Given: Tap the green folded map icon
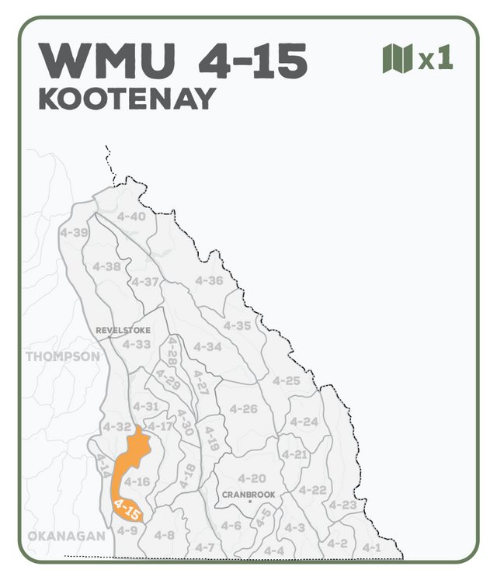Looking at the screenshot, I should pyautogui.click(x=397, y=59).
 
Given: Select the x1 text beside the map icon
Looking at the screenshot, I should pyautogui.click(x=436, y=60).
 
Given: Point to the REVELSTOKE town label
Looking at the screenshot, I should pyautogui.click(x=123, y=330).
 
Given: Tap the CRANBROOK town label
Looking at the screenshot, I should pyautogui.click(x=248, y=494).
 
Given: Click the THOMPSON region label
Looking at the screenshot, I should pyautogui.click(x=63, y=356).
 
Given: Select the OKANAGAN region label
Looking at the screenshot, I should pyautogui.click(x=66, y=536).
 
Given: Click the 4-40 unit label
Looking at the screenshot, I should pyautogui.click(x=131, y=216).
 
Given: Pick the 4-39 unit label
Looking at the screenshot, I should pyautogui.click(x=74, y=232).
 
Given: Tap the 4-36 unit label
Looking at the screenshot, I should pyautogui.click(x=209, y=280).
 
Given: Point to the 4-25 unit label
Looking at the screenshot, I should pyautogui.click(x=287, y=380).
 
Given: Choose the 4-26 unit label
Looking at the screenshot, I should pyautogui.click(x=243, y=408).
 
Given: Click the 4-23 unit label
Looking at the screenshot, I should pyautogui.click(x=342, y=505).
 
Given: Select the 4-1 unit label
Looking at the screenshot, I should pyautogui.click(x=372, y=547).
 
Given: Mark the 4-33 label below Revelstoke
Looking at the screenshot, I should pyautogui.click(x=137, y=344).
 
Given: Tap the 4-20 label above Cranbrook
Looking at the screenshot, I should pyautogui.click(x=252, y=478).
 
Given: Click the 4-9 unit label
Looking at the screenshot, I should pyautogui.click(x=127, y=530).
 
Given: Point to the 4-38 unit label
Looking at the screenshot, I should pyautogui.click(x=107, y=266).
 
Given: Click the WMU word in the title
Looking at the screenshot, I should pyautogui.click(x=107, y=60).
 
